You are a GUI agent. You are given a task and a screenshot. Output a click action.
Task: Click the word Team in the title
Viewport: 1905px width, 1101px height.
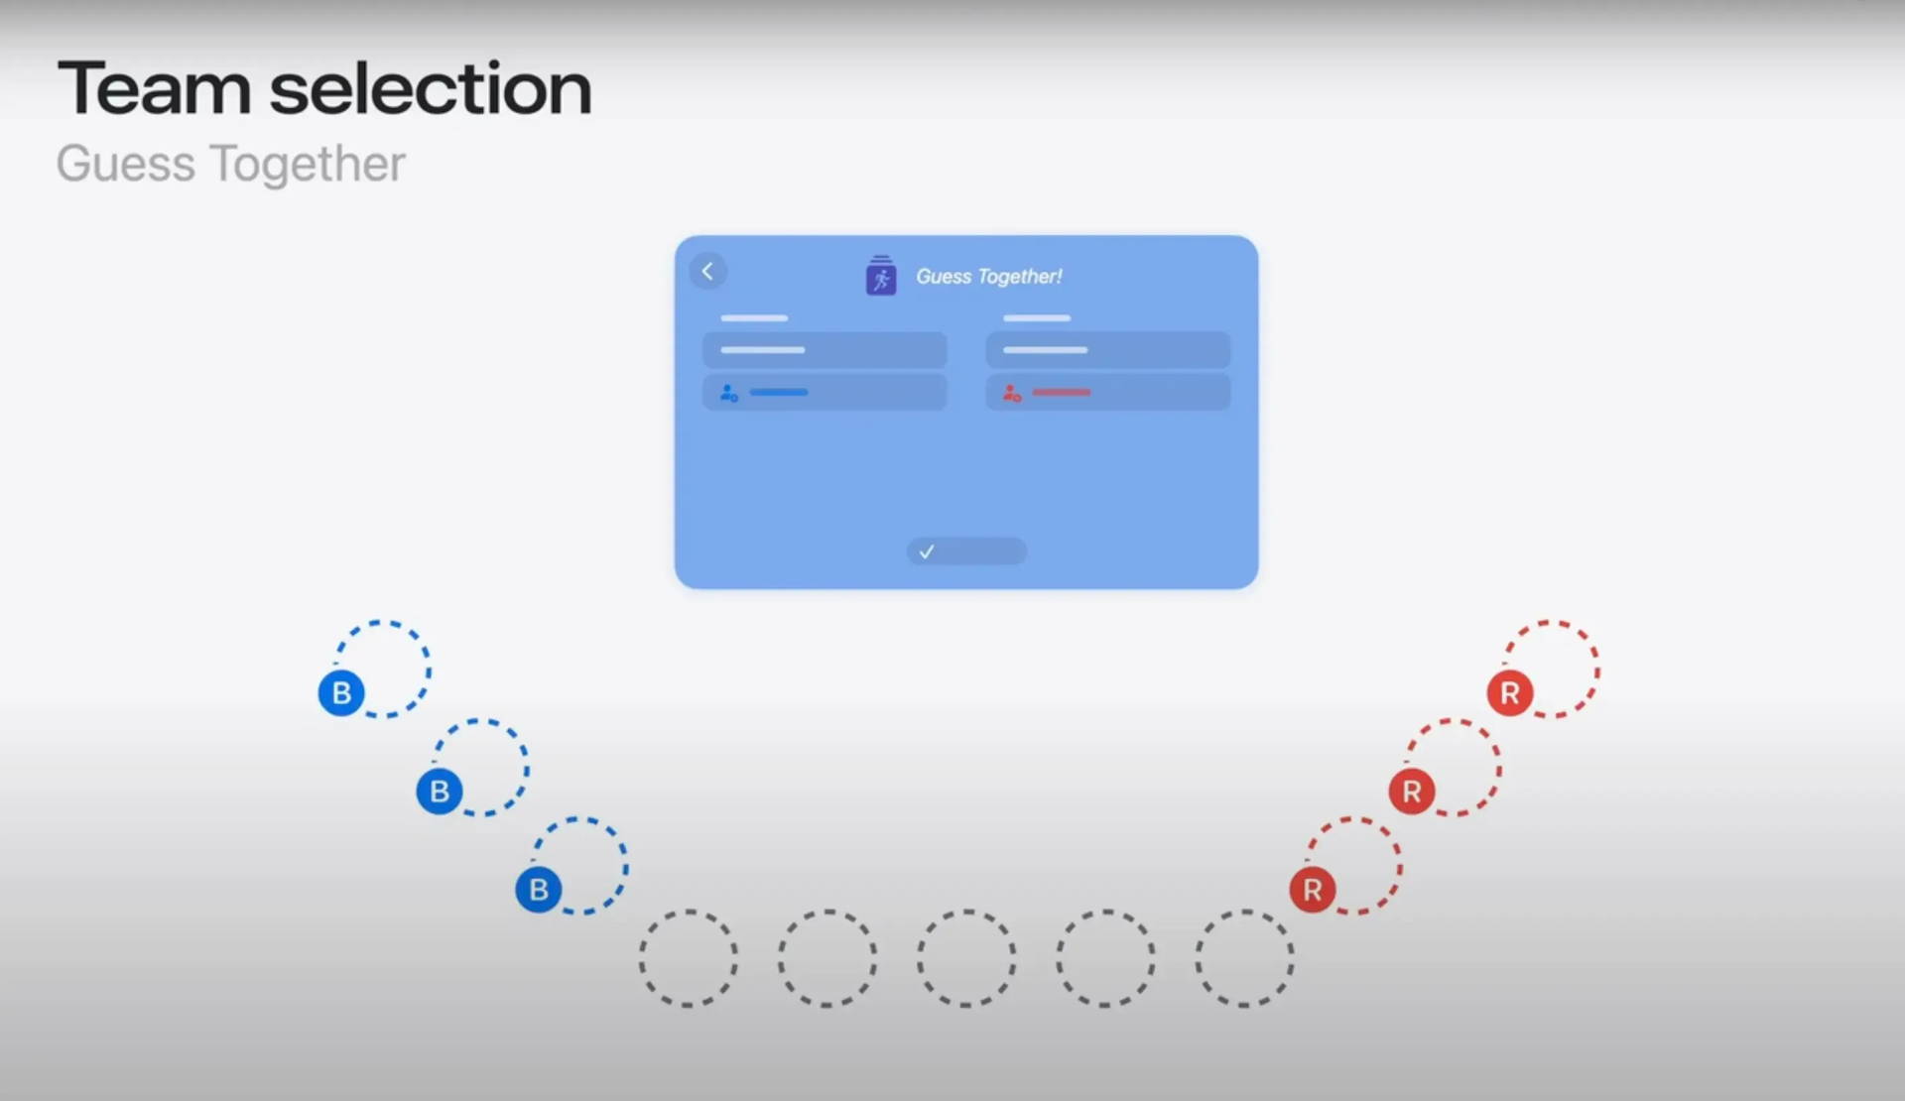(x=154, y=88)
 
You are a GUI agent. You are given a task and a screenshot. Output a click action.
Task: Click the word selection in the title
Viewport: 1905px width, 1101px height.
(x=431, y=88)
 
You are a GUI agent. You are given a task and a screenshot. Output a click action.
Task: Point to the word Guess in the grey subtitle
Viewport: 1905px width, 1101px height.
(x=126, y=164)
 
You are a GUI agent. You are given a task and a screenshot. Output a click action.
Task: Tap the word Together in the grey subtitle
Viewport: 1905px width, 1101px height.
(x=309, y=165)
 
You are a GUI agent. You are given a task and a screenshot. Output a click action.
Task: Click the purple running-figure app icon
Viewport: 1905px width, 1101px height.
(x=881, y=276)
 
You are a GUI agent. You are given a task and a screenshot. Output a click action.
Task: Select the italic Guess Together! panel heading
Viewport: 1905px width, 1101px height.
(x=989, y=277)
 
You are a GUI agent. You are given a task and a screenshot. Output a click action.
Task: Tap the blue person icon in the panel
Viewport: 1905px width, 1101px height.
(x=729, y=393)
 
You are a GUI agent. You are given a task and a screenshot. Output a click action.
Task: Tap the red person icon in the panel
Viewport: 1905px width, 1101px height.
(x=1012, y=393)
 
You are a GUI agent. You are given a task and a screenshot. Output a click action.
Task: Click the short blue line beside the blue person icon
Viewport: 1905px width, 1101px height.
(x=779, y=393)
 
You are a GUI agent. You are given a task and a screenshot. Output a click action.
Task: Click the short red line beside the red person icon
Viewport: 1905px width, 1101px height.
(x=1062, y=393)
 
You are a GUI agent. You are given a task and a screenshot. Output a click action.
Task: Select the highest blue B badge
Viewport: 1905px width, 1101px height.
(x=341, y=692)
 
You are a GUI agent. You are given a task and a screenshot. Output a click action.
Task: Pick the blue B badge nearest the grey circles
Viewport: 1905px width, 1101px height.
(x=539, y=889)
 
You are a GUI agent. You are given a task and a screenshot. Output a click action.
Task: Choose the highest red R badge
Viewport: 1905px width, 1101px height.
(x=1510, y=692)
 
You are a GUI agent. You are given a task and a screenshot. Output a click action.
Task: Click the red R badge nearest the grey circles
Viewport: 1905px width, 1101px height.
(x=1313, y=889)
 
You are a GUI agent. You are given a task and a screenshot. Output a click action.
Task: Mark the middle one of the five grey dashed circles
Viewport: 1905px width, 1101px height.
(x=966, y=911)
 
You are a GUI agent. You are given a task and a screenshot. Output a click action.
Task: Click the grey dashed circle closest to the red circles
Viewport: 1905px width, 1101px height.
(x=1244, y=911)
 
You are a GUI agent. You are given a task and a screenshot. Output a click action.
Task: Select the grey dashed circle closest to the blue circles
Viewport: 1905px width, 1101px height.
(x=689, y=911)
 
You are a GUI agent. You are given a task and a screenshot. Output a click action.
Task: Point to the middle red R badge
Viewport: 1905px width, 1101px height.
(x=1412, y=791)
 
